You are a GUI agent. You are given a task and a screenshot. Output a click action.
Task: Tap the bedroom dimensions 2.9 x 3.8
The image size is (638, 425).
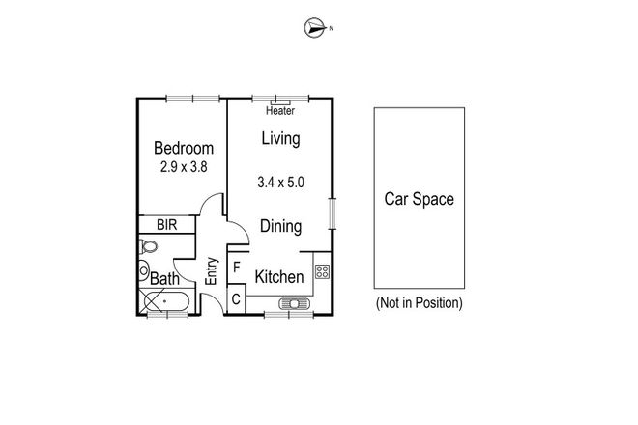point(184,166)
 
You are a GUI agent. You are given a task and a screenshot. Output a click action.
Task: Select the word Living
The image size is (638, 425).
point(280,138)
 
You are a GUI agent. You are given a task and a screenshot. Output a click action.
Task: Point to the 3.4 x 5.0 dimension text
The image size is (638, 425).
point(281,182)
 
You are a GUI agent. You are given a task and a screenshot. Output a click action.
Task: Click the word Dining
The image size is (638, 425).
point(281,227)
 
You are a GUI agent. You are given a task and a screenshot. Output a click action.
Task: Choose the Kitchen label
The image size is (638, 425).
point(279,277)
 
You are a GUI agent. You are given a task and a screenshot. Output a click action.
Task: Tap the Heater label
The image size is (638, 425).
point(279,111)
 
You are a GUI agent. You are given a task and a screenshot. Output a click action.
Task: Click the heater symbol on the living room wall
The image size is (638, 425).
point(281,99)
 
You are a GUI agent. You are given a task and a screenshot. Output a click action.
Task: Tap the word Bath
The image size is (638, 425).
point(163,280)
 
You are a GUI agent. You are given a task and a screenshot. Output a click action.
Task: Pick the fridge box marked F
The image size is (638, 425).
point(237,265)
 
